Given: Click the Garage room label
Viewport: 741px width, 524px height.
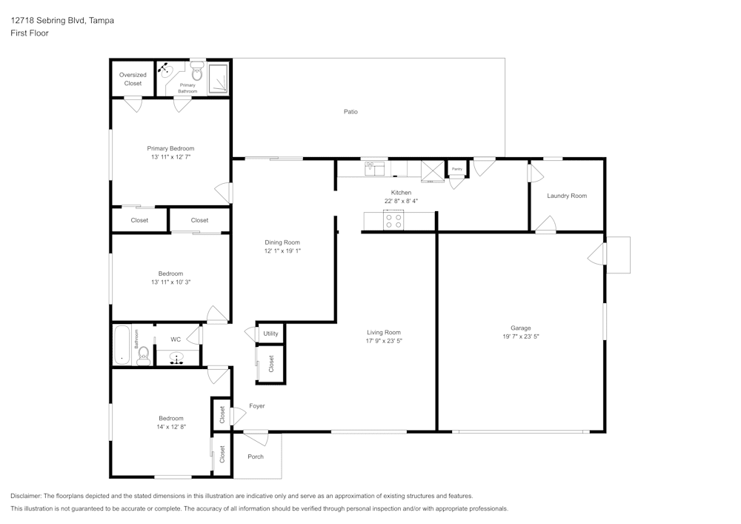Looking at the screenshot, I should click(x=520, y=328).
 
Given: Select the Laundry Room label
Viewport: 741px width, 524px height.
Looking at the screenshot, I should click(x=567, y=196).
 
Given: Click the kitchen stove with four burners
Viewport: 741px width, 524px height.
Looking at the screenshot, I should click(x=393, y=220).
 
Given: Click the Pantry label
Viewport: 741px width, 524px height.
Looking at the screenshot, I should click(x=457, y=170).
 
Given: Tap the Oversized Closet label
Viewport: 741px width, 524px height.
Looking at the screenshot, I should click(x=133, y=79).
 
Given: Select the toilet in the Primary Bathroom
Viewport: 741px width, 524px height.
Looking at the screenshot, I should click(x=197, y=73).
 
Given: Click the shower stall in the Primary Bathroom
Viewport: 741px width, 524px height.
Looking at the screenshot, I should click(x=219, y=78).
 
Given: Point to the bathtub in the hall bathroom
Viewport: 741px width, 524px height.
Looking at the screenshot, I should click(x=122, y=345).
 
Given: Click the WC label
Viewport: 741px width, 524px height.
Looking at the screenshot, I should click(x=176, y=339).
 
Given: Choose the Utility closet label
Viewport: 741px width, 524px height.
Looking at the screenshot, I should click(x=270, y=334).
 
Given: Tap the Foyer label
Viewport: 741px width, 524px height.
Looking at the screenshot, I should click(x=256, y=406).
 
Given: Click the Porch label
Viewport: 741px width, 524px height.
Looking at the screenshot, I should click(x=256, y=457).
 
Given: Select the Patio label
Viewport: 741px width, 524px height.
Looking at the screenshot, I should click(x=350, y=112).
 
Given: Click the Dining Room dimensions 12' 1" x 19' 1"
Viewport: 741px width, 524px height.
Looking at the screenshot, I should click(x=282, y=251).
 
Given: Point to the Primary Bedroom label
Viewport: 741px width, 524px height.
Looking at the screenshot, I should click(x=170, y=148).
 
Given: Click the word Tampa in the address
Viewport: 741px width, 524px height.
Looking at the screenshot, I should click(x=101, y=21).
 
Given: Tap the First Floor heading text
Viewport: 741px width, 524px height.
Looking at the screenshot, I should click(x=30, y=33).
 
